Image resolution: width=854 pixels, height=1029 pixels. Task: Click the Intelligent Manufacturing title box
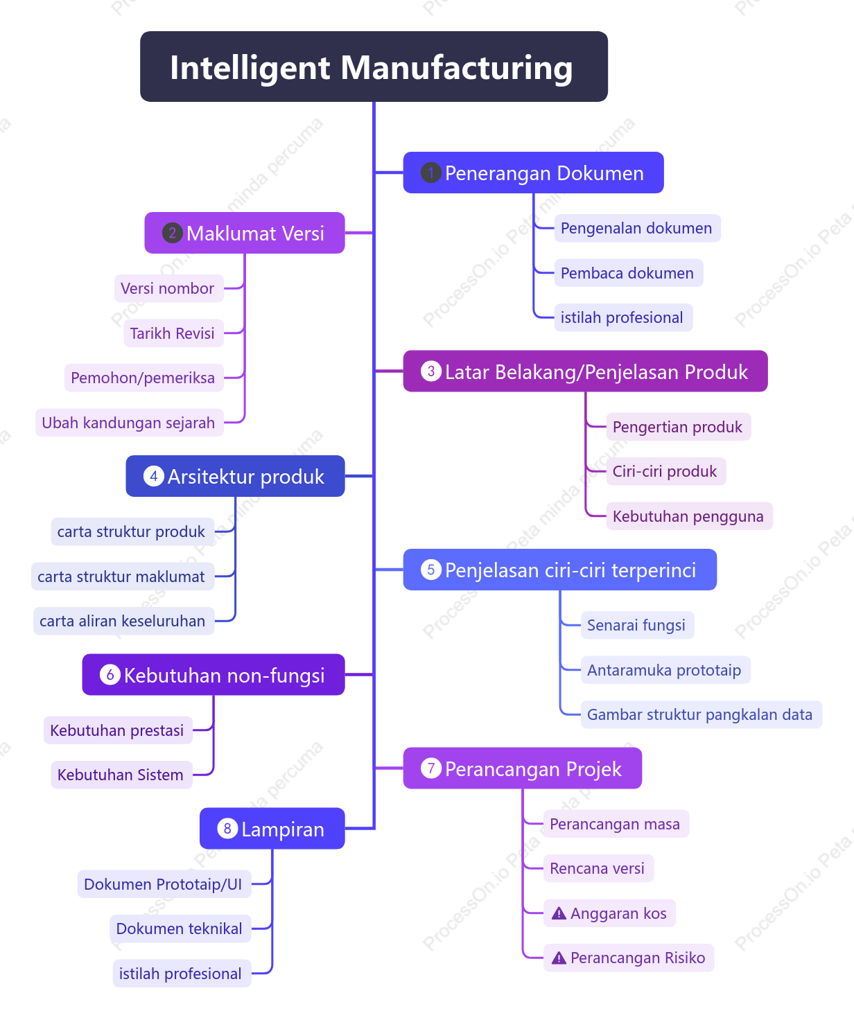(374, 67)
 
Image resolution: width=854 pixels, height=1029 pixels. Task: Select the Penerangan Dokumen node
(533, 173)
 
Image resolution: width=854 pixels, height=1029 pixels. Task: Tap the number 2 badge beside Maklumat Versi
(172, 233)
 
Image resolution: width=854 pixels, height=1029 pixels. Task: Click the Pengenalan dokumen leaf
(637, 228)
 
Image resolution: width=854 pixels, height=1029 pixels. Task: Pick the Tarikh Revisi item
(173, 333)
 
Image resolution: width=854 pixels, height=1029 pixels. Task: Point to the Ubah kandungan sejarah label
(129, 423)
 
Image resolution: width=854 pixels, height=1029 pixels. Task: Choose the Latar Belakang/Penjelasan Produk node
(585, 371)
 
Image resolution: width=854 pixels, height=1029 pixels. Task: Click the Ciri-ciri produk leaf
(665, 471)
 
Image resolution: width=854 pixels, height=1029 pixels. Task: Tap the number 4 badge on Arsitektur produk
(153, 476)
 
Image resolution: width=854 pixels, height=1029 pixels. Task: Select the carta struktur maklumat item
(122, 576)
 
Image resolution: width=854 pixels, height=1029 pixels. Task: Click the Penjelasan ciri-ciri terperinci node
(559, 569)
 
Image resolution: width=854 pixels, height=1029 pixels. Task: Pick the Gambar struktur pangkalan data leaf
(701, 714)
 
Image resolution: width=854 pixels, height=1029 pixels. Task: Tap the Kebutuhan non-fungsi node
(213, 674)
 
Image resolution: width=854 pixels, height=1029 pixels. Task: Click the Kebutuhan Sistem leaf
(121, 775)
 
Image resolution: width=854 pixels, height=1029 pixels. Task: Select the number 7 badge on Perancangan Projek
(431, 768)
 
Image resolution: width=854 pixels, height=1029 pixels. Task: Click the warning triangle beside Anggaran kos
(559, 913)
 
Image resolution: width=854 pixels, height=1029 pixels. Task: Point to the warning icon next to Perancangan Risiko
(559, 958)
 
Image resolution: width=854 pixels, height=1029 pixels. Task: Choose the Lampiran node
(272, 828)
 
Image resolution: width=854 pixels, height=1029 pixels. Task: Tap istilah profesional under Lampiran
(182, 974)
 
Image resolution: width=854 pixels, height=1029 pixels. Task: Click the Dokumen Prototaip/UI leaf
(164, 883)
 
